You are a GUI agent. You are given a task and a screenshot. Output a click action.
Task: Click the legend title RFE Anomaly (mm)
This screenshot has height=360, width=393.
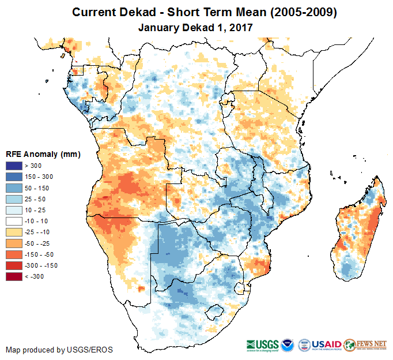point(43,155)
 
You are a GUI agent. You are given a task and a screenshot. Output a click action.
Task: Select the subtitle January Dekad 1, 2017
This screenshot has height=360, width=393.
point(195,27)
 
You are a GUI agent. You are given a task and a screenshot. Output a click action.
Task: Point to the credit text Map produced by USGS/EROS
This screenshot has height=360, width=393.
point(59,350)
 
